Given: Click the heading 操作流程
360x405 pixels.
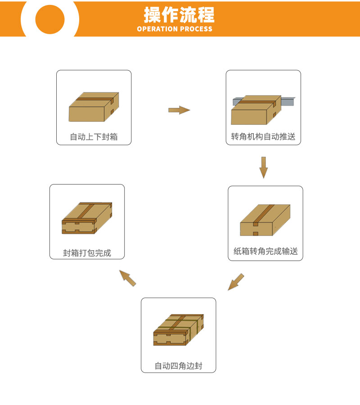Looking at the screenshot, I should [x=179, y=15].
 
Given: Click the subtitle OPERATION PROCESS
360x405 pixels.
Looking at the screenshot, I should [x=175, y=29].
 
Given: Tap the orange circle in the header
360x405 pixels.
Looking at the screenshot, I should [x=50, y=19].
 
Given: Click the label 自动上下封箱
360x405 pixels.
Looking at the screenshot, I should [x=94, y=136].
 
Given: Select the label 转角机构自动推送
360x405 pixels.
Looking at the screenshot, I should [x=263, y=136].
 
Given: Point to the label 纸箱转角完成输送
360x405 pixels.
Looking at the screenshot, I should [x=265, y=251].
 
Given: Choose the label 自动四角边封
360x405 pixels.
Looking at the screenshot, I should [x=179, y=365].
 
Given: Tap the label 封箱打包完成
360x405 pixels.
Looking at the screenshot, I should [x=87, y=253].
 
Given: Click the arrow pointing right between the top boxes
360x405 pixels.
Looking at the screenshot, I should [x=179, y=110].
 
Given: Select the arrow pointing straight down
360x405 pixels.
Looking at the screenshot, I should [x=264, y=167].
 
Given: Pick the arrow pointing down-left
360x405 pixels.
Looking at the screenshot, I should [x=235, y=282].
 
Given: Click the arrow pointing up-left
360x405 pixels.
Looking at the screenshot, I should [x=128, y=278].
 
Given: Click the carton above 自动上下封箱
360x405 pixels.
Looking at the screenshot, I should [x=94, y=107].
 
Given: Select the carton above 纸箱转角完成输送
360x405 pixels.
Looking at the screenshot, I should [x=265, y=220].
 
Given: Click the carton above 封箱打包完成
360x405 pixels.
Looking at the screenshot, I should [x=86, y=218].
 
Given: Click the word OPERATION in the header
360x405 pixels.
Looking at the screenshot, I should [x=157, y=29].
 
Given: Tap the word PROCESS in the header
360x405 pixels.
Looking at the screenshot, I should [x=196, y=29].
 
